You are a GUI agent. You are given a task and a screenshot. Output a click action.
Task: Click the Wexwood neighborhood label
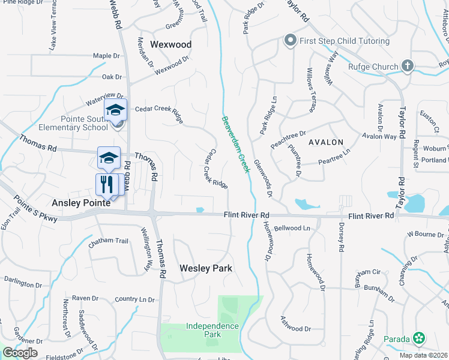point(170,44)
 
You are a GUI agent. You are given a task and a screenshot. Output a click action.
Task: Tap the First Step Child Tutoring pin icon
point(291,41)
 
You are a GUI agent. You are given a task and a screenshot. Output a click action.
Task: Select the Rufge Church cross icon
point(408,66)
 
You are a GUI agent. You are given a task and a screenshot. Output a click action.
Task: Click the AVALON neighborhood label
point(326,143)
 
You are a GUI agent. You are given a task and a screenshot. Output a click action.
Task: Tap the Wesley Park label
point(206,268)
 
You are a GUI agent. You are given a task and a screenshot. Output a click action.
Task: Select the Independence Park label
point(204,331)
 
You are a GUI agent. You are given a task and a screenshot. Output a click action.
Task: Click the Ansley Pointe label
point(81,203)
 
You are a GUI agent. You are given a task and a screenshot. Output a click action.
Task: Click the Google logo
point(20,352)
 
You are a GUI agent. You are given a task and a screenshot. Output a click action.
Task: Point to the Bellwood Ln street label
point(292,229)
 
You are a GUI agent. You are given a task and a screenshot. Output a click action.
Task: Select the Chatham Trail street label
point(109,241)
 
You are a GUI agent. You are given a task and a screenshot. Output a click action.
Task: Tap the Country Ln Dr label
point(134,299)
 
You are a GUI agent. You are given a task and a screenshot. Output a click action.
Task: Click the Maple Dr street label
point(107,56)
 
